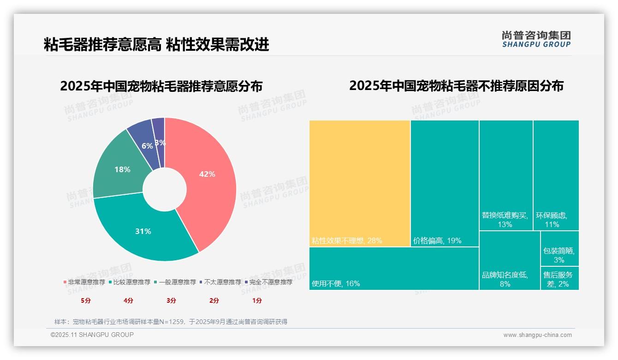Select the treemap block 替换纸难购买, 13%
(506, 175)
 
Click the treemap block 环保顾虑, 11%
(556, 175)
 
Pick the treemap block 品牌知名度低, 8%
(509, 261)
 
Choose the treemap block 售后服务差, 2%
(559, 278)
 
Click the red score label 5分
(86, 300)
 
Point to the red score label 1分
(257, 300)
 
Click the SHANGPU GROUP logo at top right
(536, 39)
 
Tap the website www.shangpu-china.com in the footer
(537, 335)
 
